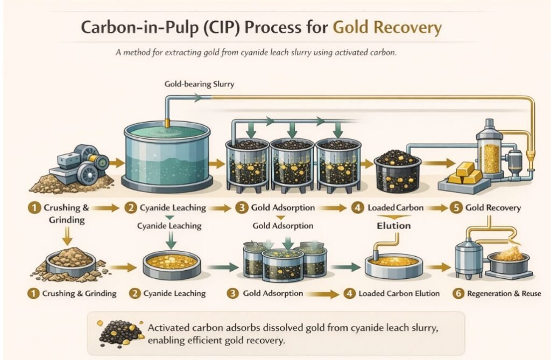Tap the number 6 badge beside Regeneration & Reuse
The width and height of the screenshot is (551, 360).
[457, 294]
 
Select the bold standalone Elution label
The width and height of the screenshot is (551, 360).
[393, 225]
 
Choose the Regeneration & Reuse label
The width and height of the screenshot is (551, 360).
[504, 294]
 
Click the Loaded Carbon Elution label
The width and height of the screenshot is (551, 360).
[399, 294]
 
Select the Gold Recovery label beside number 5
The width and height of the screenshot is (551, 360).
[493, 208]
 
